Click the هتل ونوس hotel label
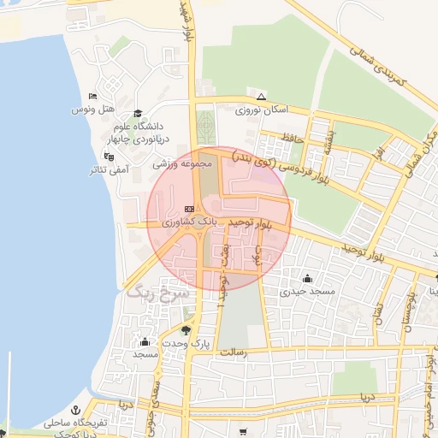pyautogui.click(x=92, y=110)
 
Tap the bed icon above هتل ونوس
pyautogui.click(x=92, y=96)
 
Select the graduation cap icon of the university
pyautogui.click(x=138, y=113)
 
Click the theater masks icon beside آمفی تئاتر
pyautogui.click(x=109, y=157)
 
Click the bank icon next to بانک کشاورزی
pyautogui.click(x=189, y=209)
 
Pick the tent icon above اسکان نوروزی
pyautogui.click(x=261, y=96)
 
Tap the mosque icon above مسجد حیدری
pyautogui.click(x=308, y=277)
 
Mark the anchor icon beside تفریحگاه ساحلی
pyautogui.click(x=74, y=411)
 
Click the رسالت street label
pyautogui.click(x=233, y=352)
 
